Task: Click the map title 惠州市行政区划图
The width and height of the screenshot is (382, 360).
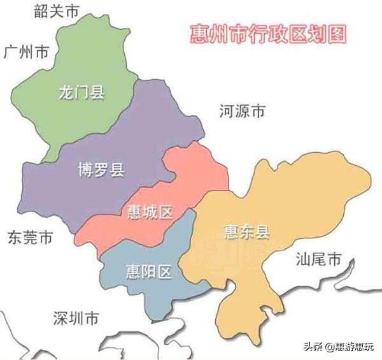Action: [268, 33]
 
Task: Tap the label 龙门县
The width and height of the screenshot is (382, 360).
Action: [81, 93]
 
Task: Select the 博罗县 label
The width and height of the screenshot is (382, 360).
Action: [101, 170]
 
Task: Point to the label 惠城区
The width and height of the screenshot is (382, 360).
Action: [150, 212]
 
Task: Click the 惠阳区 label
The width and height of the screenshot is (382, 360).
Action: [148, 272]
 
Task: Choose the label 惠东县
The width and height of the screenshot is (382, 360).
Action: [246, 232]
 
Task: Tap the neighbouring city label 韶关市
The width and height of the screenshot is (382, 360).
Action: [57, 11]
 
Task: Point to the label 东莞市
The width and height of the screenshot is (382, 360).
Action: [30, 238]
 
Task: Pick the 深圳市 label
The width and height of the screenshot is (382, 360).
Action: [76, 317]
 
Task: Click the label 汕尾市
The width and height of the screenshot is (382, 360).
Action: [318, 259]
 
